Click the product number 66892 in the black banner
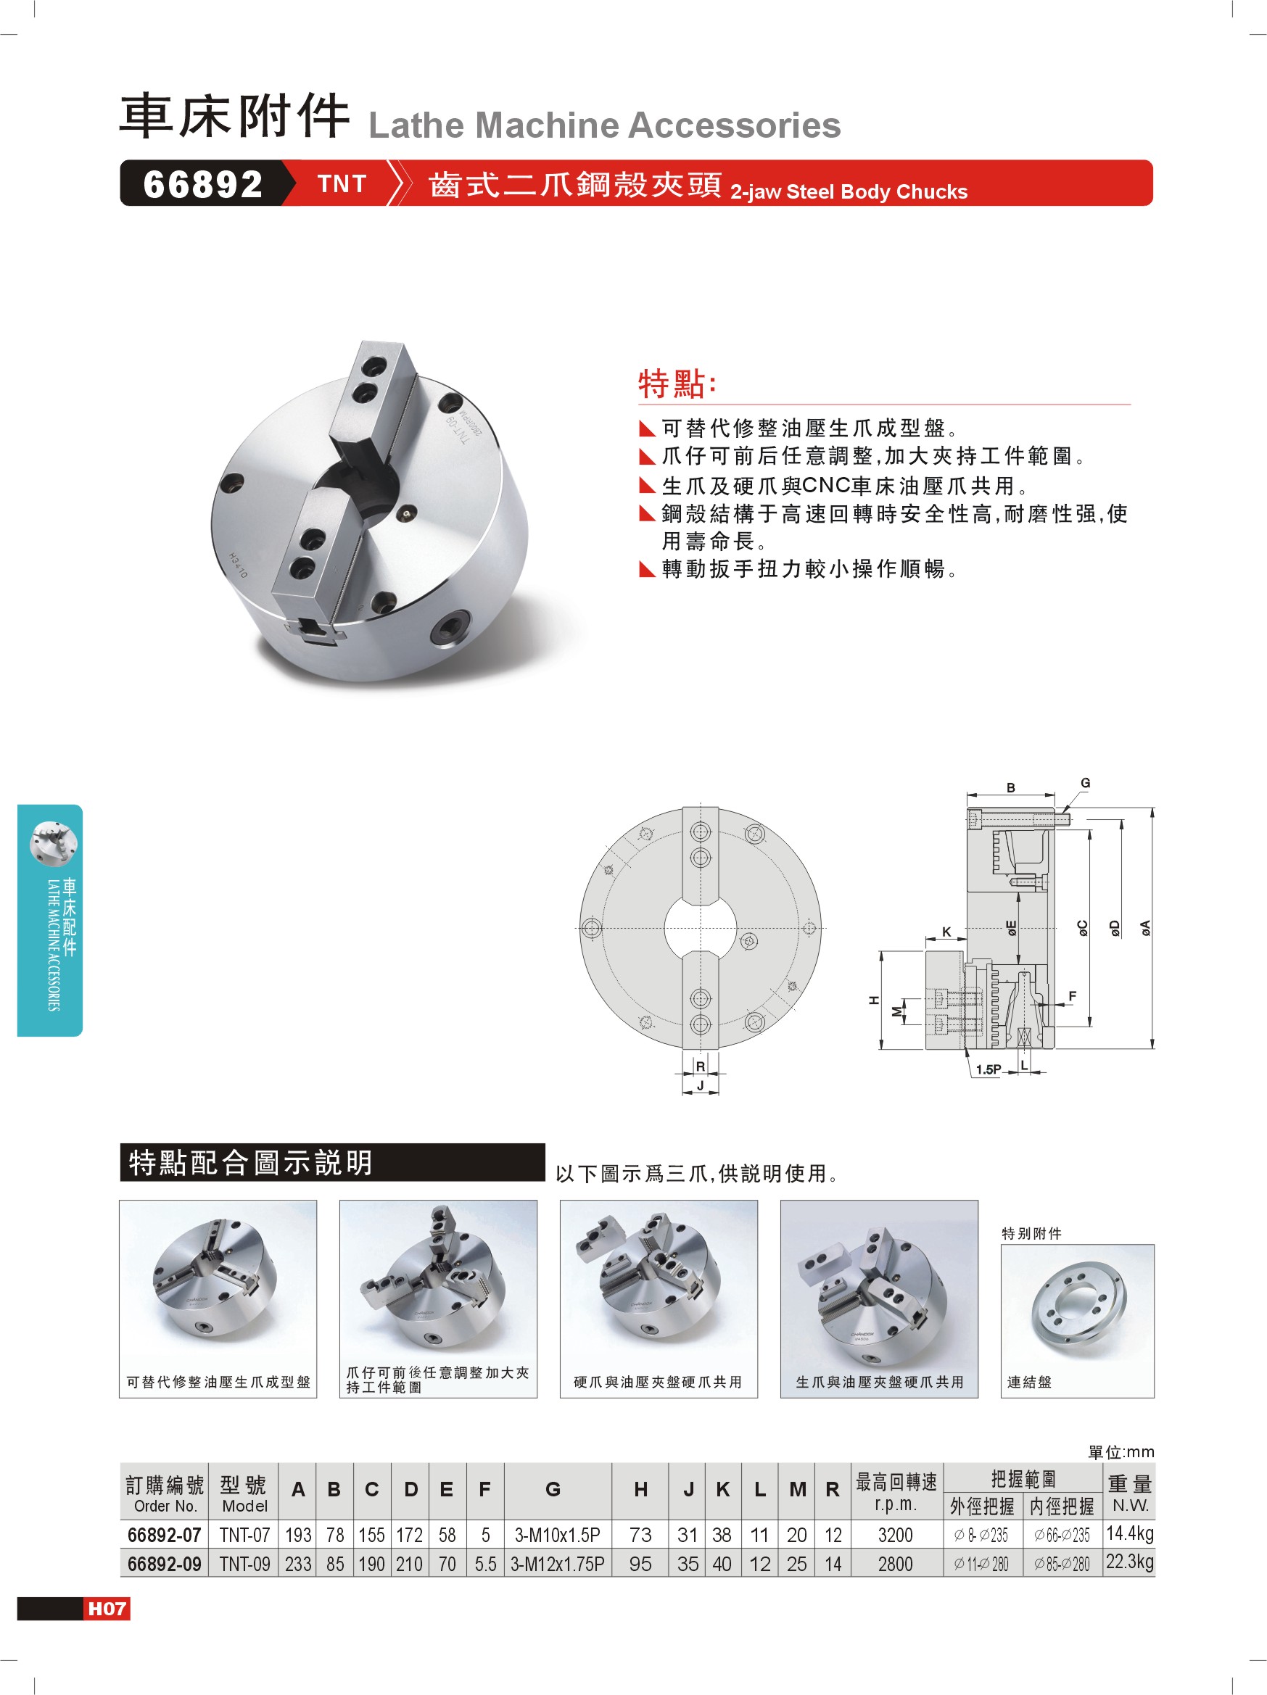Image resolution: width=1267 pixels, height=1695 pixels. [x=202, y=184]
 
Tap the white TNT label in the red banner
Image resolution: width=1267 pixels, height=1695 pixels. [x=342, y=184]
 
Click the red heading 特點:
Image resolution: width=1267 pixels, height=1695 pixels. [x=677, y=383]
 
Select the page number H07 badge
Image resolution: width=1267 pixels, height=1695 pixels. [x=107, y=1609]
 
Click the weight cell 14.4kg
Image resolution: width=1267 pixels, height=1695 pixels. [x=1129, y=1533]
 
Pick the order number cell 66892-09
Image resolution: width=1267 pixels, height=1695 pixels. [x=164, y=1564]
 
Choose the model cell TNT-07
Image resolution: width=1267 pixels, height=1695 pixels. [x=244, y=1535]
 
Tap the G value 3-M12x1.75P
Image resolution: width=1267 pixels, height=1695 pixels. [x=557, y=1564]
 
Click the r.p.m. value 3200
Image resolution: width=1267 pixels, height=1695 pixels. [x=895, y=1535]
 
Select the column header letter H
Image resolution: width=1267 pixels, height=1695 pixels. [x=641, y=1489]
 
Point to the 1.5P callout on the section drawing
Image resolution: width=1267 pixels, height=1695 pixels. [x=988, y=1069]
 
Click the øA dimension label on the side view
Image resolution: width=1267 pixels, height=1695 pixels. [x=1145, y=928]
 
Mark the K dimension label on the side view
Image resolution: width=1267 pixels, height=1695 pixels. [x=946, y=932]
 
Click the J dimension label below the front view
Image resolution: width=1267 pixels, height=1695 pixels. [x=700, y=1086]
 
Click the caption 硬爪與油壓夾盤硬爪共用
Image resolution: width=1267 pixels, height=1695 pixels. [x=658, y=1382]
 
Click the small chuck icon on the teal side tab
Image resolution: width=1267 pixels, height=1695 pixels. [x=53, y=843]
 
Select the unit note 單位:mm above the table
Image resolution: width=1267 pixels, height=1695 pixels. [x=1121, y=1452]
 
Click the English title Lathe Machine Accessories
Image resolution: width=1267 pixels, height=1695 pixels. [x=605, y=125]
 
